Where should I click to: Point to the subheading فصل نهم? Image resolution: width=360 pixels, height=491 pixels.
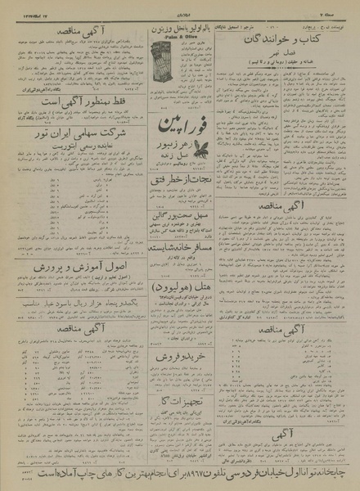tap(290, 62)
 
